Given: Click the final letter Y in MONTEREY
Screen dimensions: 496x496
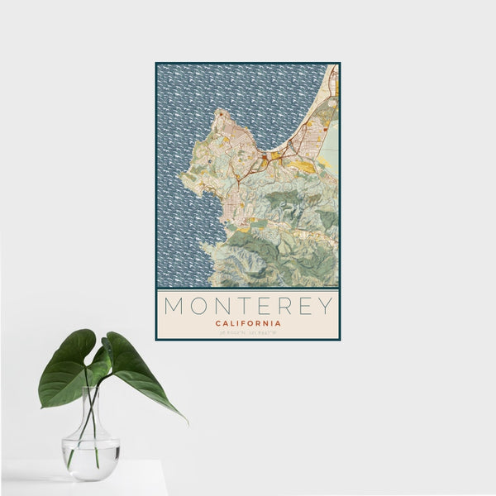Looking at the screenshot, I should (325, 306).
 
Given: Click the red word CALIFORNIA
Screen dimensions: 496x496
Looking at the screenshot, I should (247, 323).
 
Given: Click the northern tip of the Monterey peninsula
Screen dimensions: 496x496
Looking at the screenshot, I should (218, 111).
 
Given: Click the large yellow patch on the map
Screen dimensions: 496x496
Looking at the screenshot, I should (304, 166).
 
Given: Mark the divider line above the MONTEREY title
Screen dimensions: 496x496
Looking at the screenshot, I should (247, 289).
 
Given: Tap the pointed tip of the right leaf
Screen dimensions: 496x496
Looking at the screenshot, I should (186, 421).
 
